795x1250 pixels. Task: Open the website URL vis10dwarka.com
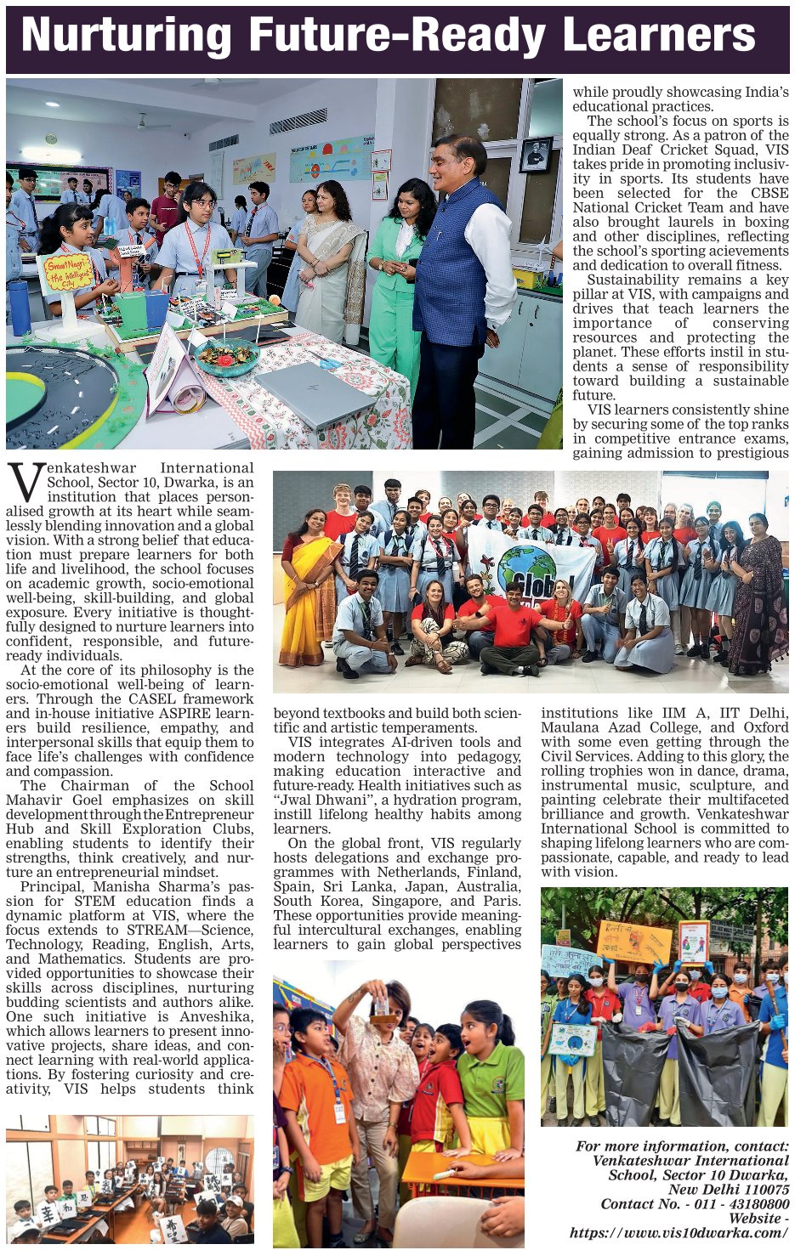[679, 1232]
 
